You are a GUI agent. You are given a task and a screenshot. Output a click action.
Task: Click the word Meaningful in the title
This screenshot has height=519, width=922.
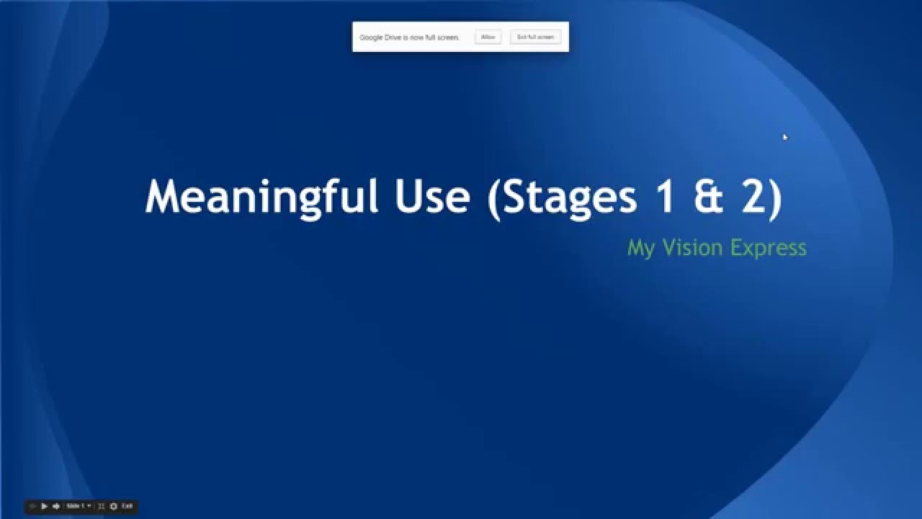pyautogui.click(x=261, y=197)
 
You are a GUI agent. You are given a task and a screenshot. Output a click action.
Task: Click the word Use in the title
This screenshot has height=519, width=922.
pyautogui.click(x=432, y=197)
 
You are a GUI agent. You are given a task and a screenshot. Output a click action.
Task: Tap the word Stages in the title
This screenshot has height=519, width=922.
pyautogui.click(x=570, y=197)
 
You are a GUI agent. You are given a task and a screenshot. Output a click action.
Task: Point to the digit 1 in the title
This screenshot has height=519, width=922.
pyautogui.click(x=666, y=197)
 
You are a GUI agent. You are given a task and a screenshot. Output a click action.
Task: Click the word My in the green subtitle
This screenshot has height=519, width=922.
pyautogui.click(x=640, y=248)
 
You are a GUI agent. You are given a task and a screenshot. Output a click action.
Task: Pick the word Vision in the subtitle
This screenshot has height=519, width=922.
pyautogui.click(x=692, y=248)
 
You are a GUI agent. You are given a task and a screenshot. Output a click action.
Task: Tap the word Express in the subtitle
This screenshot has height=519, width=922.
pyautogui.click(x=768, y=248)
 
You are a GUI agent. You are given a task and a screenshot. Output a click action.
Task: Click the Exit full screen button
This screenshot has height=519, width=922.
pyautogui.click(x=535, y=37)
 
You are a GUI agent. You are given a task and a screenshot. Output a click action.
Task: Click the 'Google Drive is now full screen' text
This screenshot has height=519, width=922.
pyautogui.click(x=409, y=37)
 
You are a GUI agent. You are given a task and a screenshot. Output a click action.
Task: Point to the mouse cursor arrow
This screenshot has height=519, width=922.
pyautogui.click(x=784, y=136)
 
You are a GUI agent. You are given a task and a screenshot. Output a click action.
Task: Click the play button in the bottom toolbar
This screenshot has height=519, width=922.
pyautogui.click(x=45, y=507)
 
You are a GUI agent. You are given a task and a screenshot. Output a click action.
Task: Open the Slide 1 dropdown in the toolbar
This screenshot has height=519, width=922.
pyautogui.click(x=79, y=507)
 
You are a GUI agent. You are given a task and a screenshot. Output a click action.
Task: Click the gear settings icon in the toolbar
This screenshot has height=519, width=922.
pyautogui.click(x=114, y=507)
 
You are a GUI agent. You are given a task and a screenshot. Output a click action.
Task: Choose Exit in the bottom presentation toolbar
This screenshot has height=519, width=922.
pyautogui.click(x=127, y=507)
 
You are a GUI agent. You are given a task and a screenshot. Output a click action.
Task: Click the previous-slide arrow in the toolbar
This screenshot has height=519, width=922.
pyautogui.click(x=33, y=507)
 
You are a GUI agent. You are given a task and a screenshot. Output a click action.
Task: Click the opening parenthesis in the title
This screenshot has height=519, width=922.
pyautogui.click(x=494, y=197)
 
